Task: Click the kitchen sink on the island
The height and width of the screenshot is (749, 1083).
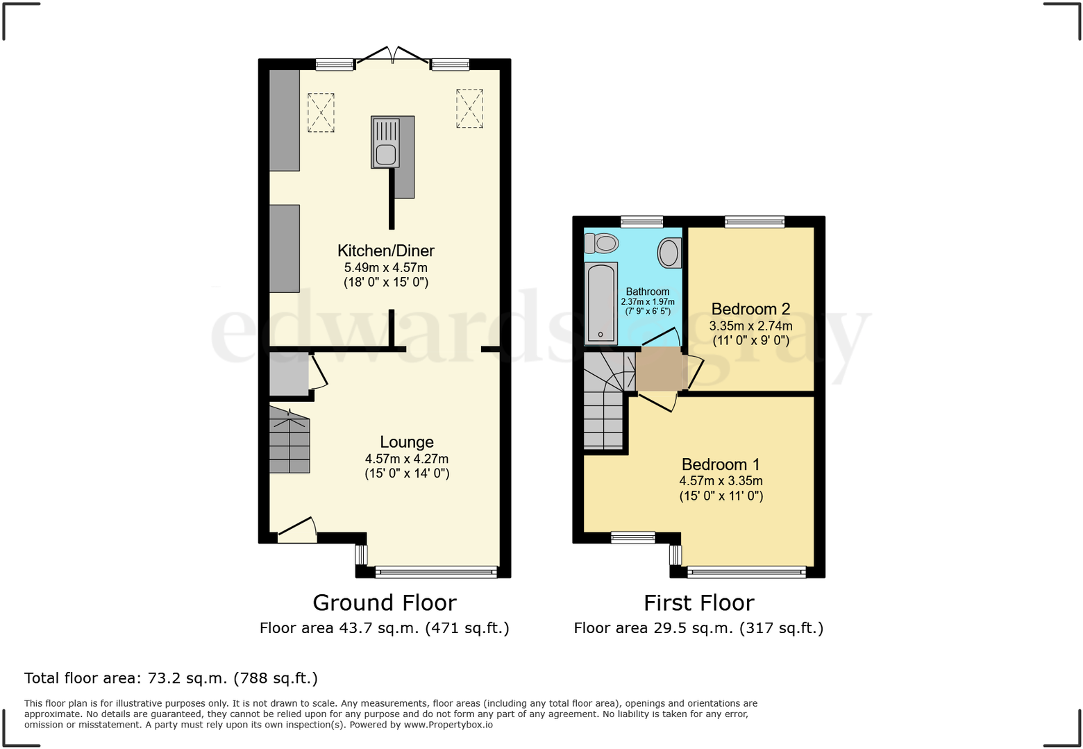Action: click(386, 143)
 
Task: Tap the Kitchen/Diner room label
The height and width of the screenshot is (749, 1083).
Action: click(386, 251)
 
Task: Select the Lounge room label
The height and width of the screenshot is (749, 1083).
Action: click(407, 442)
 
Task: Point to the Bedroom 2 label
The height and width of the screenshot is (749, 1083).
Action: click(750, 309)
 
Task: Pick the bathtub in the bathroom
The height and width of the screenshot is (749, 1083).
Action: click(601, 303)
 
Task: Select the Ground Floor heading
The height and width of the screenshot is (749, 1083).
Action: click(385, 603)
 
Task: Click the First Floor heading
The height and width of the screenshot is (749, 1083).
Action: click(698, 603)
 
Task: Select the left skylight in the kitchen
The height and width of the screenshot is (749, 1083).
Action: click(321, 112)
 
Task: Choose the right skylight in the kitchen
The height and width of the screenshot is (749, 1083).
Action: click(469, 108)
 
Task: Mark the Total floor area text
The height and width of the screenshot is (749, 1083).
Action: click(171, 678)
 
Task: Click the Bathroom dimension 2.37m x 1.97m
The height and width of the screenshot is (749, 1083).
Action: click(648, 302)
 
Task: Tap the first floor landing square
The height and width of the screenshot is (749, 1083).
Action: click(660, 369)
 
